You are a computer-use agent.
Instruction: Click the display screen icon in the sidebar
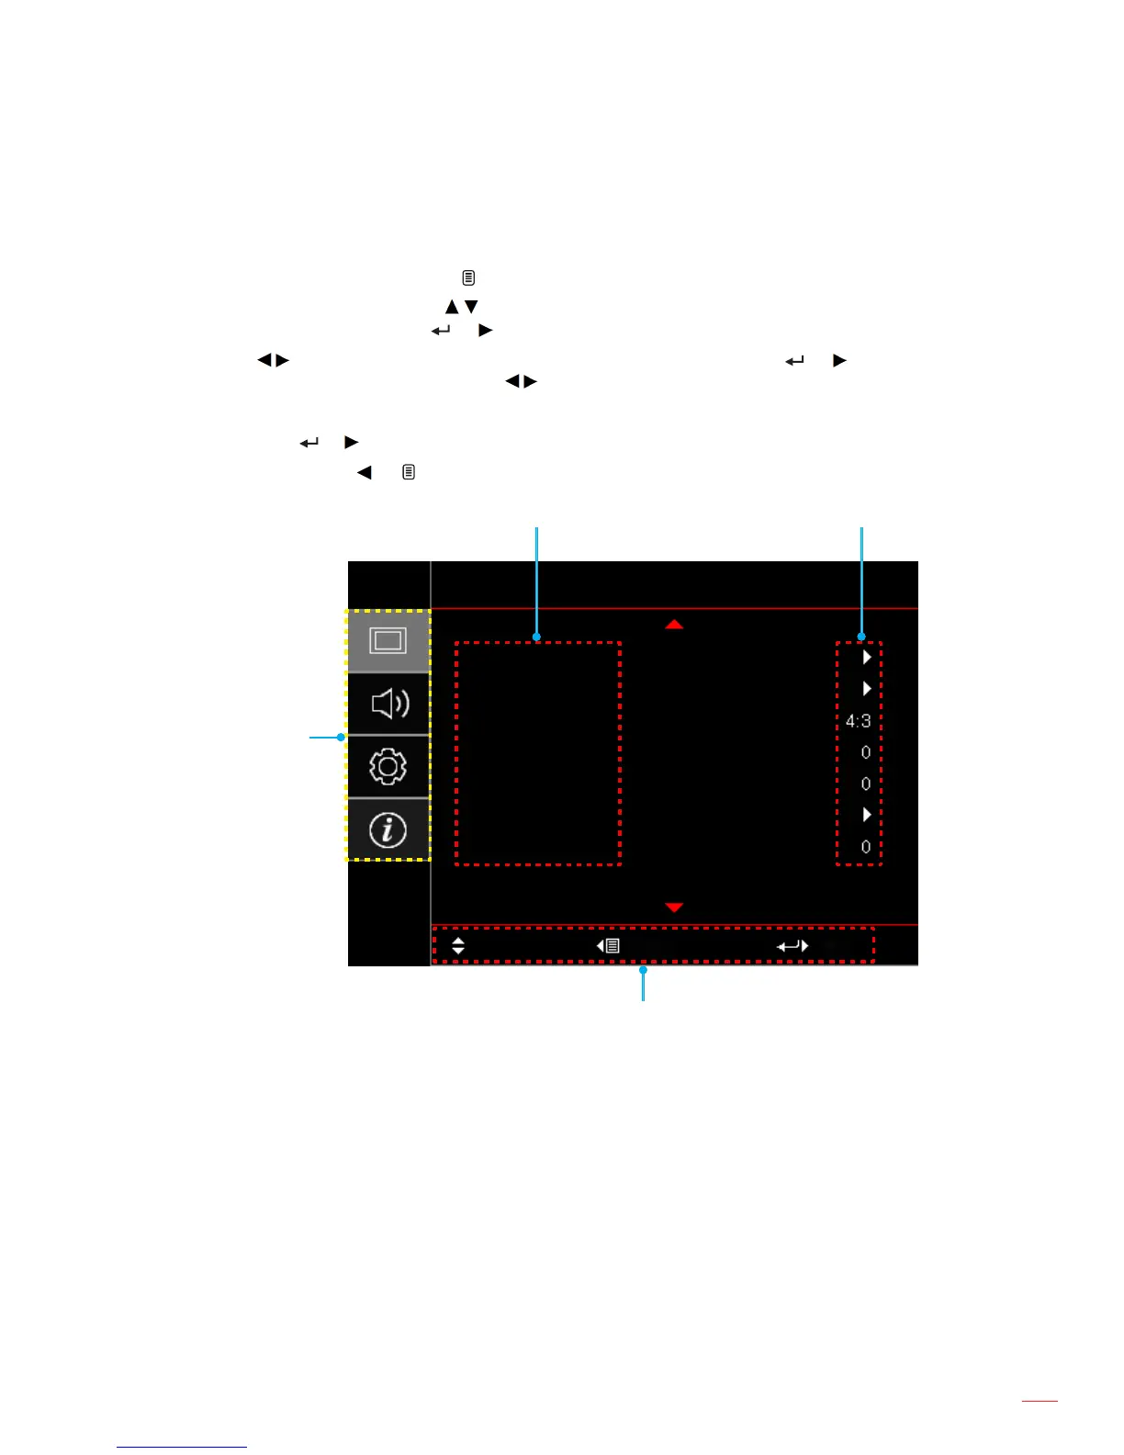pyautogui.click(x=388, y=640)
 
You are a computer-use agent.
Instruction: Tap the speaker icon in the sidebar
pyautogui.click(x=389, y=704)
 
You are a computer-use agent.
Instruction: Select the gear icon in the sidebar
pyautogui.click(x=388, y=766)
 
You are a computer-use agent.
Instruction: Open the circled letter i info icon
pyautogui.click(x=388, y=830)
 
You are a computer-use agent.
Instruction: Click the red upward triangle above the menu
pyautogui.click(x=674, y=625)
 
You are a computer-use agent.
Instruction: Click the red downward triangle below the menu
pyautogui.click(x=674, y=908)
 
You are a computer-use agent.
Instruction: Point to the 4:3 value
pyautogui.click(x=859, y=721)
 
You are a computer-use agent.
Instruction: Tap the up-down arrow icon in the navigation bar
pyautogui.click(x=458, y=945)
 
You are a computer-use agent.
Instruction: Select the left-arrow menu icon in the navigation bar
pyautogui.click(x=608, y=945)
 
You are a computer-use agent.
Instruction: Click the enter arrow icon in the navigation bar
pyautogui.click(x=792, y=945)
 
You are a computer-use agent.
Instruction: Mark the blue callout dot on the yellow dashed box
pyautogui.click(x=341, y=737)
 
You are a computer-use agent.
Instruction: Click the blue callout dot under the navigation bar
pyautogui.click(x=643, y=969)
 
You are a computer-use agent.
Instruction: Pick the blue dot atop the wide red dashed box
pyautogui.click(x=536, y=637)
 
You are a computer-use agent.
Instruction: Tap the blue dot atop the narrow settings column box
pyautogui.click(x=861, y=637)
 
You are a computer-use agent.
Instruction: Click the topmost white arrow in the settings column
pyautogui.click(x=866, y=658)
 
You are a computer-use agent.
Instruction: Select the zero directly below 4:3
pyautogui.click(x=866, y=752)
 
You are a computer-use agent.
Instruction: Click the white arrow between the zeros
pyautogui.click(x=866, y=815)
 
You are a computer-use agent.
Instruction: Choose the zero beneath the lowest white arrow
pyautogui.click(x=866, y=847)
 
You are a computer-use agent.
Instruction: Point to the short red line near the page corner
pyautogui.click(x=1040, y=1401)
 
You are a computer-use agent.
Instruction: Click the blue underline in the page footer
pyautogui.click(x=182, y=1447)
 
